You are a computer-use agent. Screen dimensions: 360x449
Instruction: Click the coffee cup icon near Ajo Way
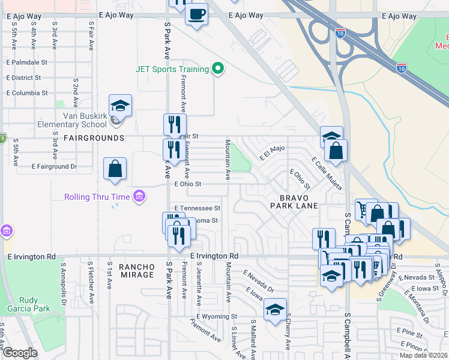coord(197,14)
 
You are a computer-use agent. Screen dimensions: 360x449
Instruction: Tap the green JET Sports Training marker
coord(218,70)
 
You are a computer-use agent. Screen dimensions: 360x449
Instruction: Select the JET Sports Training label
coord(172,69)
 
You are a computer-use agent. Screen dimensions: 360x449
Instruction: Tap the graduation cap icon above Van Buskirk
coord(121,106)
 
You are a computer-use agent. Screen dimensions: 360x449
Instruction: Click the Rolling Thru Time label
coord(98,197)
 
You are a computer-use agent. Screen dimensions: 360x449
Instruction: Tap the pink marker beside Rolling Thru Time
coord(140,196)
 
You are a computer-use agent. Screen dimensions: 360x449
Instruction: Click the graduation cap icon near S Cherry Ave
coord(275,310)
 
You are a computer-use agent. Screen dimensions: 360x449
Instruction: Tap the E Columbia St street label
coord(26,94)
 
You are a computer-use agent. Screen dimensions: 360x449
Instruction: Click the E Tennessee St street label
coord(197,208)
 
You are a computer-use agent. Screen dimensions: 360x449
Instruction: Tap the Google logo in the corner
coord(20,353)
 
